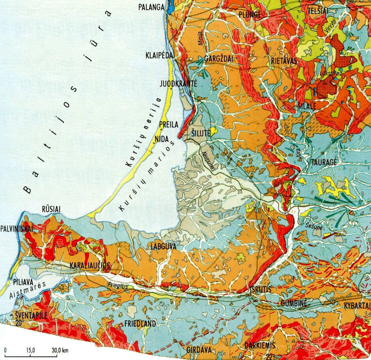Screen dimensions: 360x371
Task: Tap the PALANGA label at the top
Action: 152,7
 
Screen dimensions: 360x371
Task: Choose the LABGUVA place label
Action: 163,247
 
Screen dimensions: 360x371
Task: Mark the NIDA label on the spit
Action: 162,139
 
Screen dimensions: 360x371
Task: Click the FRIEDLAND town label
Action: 140,323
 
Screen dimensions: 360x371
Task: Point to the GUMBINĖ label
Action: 293,303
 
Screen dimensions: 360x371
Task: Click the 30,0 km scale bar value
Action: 60,350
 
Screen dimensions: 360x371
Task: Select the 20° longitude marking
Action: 20,322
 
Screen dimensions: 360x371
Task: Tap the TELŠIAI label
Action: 318,11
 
